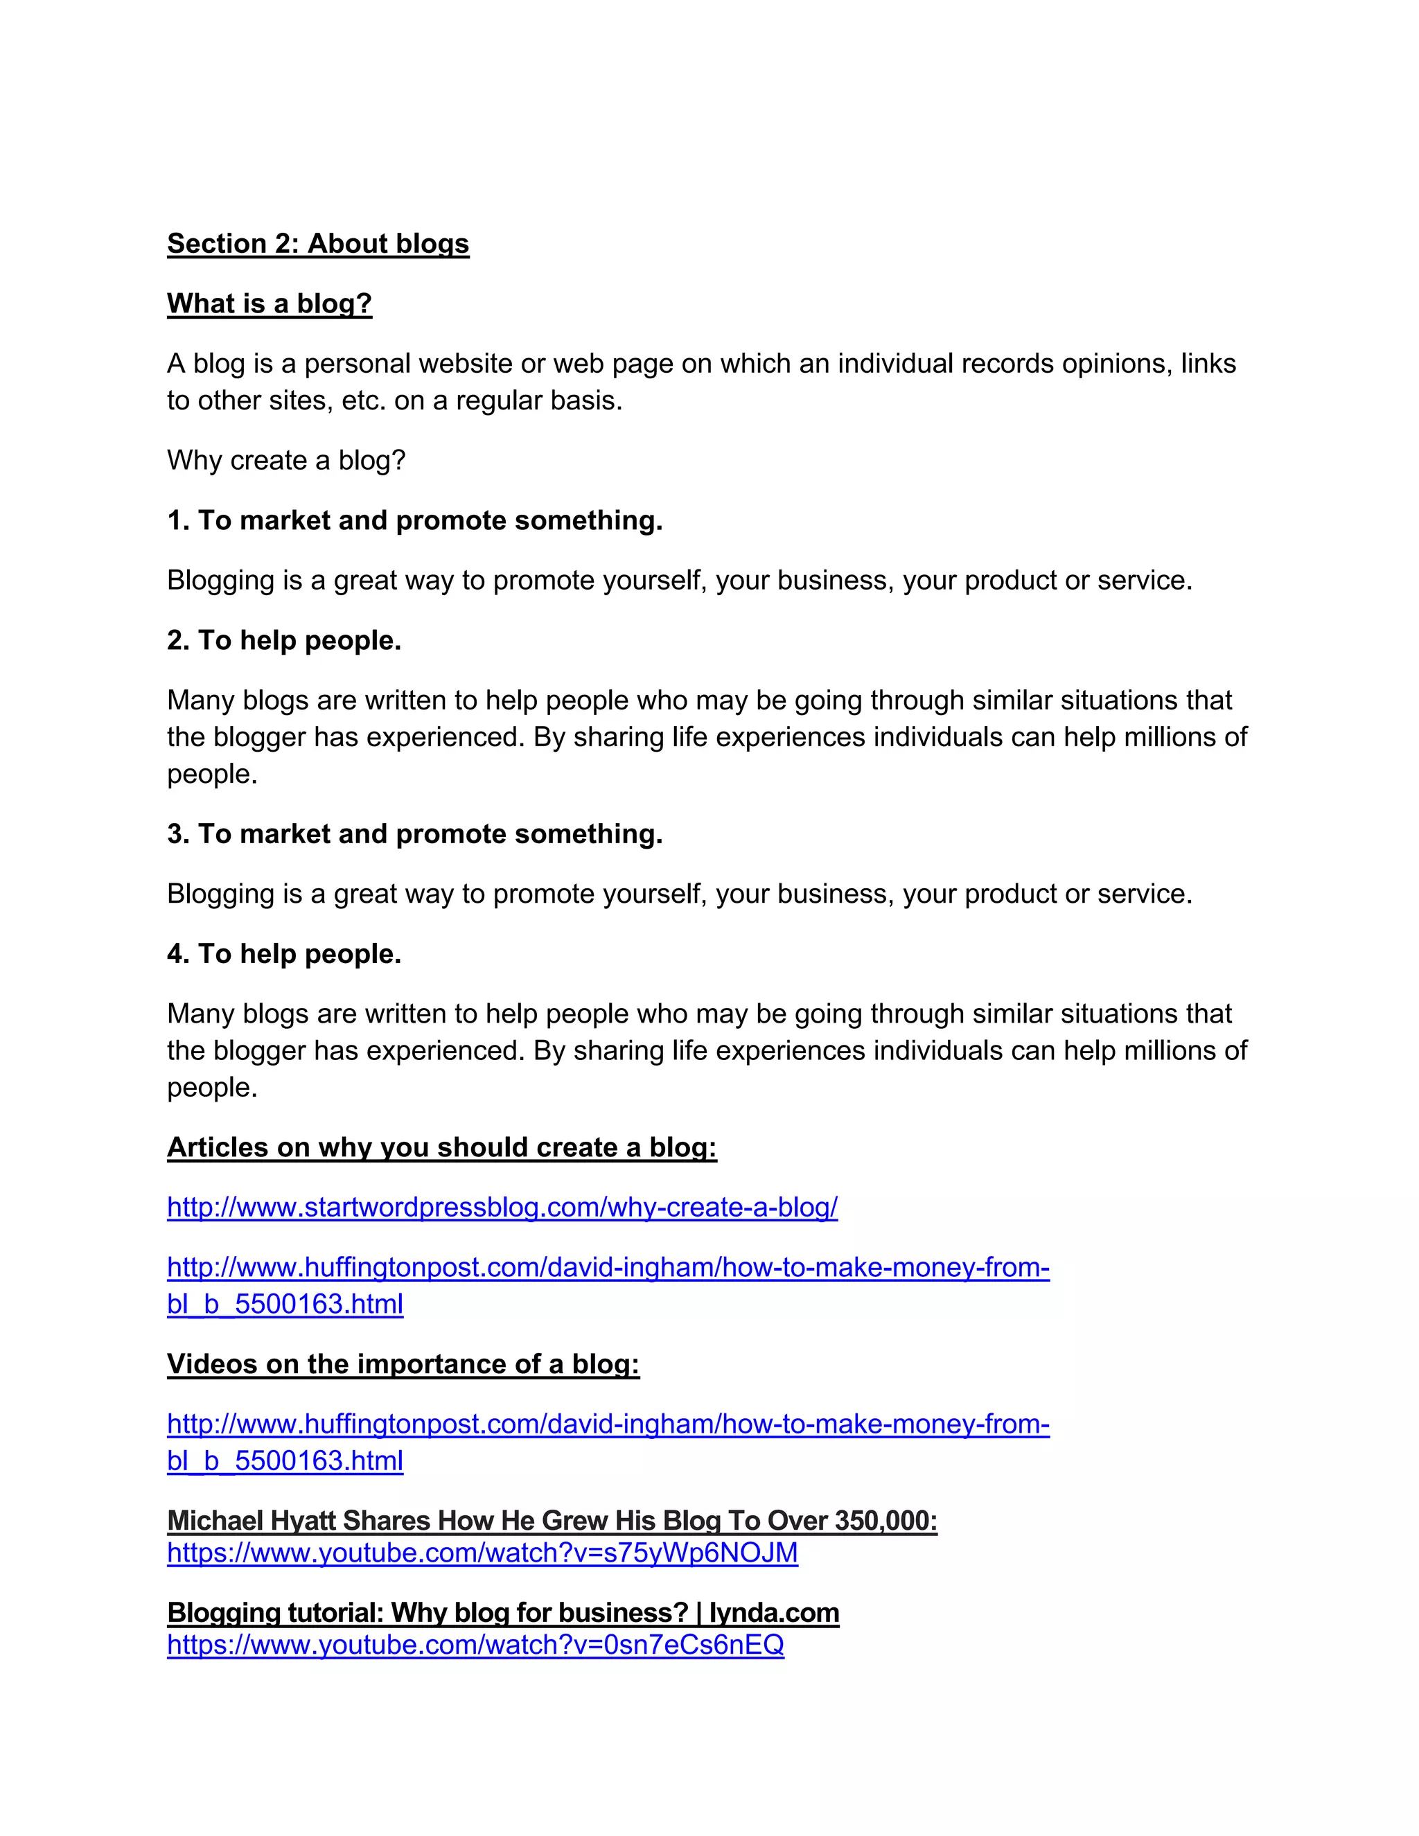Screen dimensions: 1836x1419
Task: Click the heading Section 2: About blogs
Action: (318, 244)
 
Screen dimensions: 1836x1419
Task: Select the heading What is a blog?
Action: (269, 303)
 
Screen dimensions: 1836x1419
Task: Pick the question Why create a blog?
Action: (286, 461)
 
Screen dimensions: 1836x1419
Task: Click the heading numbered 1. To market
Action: (414, 521)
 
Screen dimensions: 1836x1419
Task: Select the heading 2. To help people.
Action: (284, 641)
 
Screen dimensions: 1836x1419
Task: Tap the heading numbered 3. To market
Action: (414, 834)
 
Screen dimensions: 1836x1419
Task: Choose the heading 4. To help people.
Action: (284, 954)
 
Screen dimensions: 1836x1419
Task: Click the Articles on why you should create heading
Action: (441, 1147)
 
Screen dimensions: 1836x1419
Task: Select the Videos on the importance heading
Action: (403, 1364)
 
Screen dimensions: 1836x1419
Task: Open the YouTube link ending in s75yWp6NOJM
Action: (482, 1553)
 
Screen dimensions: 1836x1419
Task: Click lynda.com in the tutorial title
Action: (774, 1613)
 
